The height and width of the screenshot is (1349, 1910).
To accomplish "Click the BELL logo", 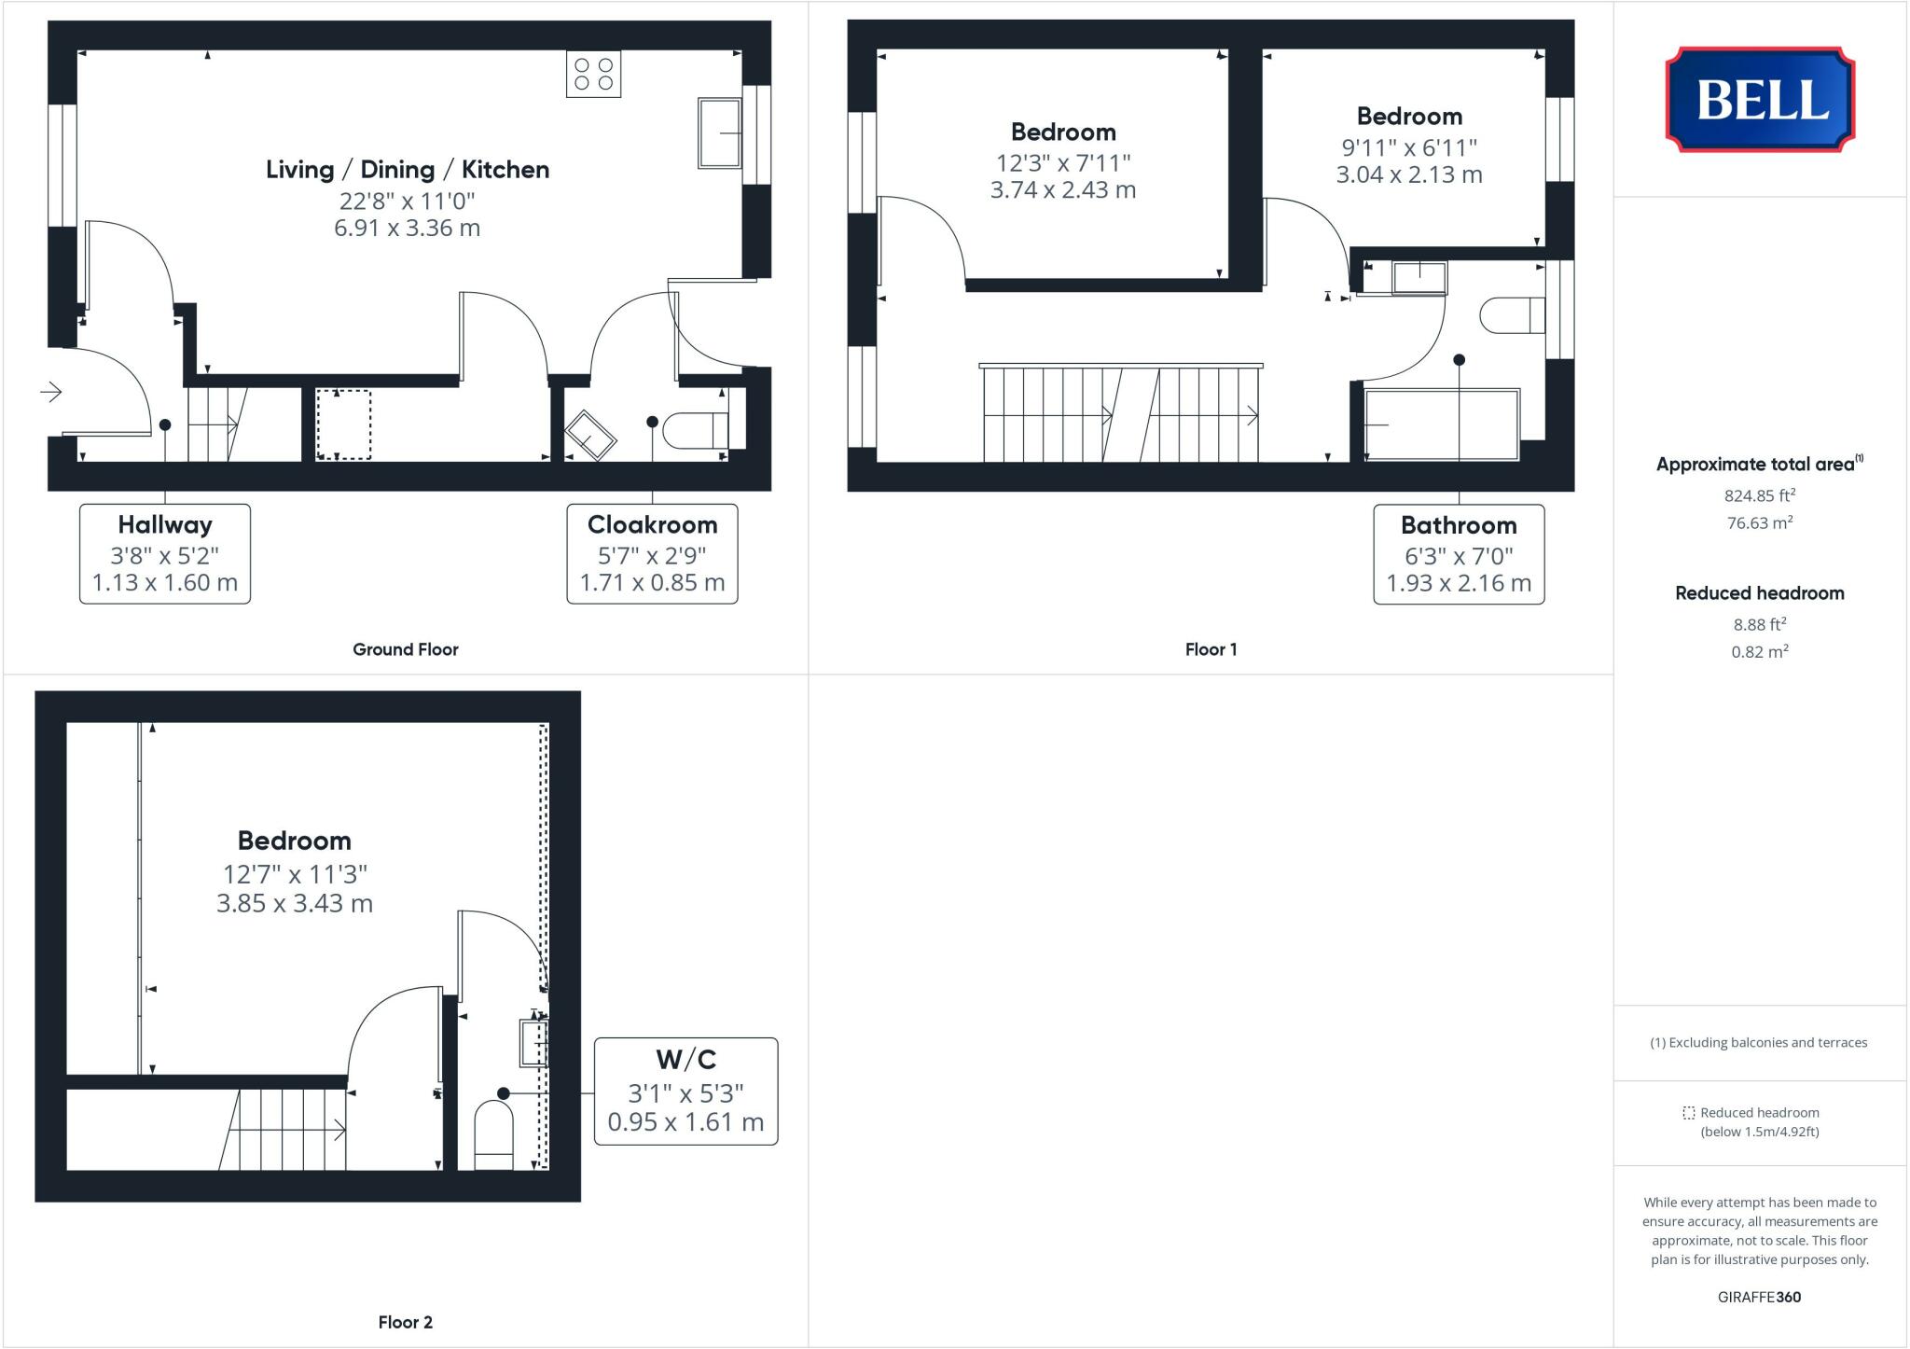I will [1760, 100].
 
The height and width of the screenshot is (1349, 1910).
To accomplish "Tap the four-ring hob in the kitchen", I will [593, 75].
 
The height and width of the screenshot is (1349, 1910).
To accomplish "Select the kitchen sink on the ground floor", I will [719, 133].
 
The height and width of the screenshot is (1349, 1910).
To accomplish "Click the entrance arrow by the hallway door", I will [51, 392].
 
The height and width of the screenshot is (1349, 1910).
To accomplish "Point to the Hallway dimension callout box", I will [165, 554].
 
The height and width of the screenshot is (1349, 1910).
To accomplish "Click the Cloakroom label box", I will [652, 554].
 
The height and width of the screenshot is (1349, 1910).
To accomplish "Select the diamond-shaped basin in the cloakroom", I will [589, 435].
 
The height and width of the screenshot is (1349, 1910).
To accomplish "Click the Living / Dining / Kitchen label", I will [408, 170].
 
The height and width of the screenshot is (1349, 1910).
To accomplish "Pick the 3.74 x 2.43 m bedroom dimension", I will [1062, 190].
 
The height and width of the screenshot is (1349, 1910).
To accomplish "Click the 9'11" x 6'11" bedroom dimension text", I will [1408, 147].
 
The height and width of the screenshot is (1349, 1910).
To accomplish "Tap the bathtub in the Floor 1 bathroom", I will [1441, 424].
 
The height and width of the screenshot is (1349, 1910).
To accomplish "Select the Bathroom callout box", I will [1458, 554].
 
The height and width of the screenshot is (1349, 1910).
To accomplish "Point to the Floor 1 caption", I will [1211, 649].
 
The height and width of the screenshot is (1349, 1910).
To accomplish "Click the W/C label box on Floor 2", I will [685, 1091].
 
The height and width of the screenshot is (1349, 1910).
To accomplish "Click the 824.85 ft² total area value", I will [1759, 495].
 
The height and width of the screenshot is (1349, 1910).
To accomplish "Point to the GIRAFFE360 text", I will [1759, 1297].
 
